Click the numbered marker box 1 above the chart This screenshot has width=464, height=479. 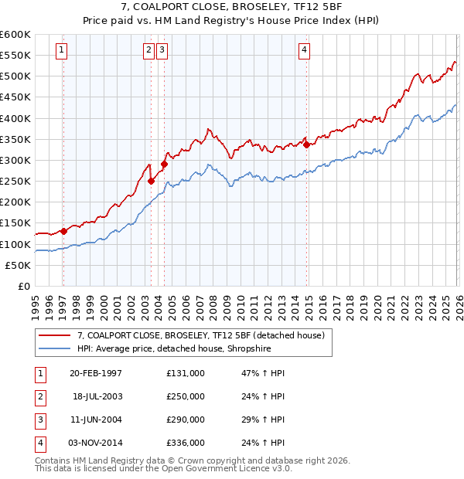[x=62, y=51]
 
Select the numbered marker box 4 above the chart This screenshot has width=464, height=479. [x=305, y=51]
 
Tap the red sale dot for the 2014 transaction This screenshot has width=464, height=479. [x=307, y=144]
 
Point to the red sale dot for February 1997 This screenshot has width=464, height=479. [x=63, y=230]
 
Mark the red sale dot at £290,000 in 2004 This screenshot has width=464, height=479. [x=164, y=164]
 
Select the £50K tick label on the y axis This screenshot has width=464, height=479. [x=18, y=265]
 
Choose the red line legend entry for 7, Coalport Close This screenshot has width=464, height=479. [x=204, y=335]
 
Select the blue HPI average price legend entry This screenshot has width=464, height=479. [x=185, y=348]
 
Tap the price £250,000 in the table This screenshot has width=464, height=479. [x=186, y=396]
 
